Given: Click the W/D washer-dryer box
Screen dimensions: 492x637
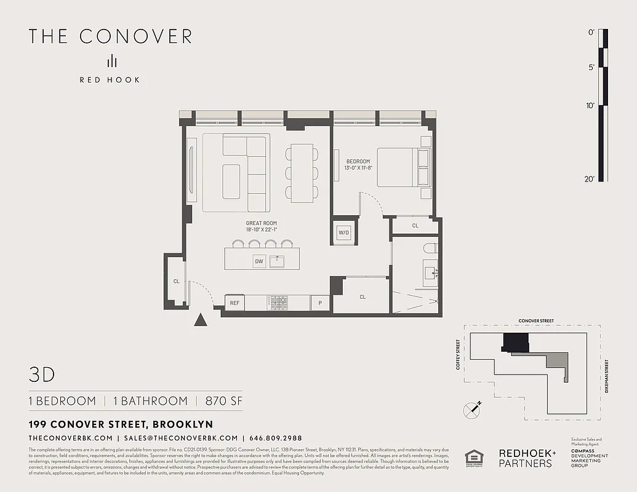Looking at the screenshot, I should point(343,232).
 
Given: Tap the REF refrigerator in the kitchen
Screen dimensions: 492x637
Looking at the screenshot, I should point(234,303).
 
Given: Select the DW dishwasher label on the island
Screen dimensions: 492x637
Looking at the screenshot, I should point(259,262).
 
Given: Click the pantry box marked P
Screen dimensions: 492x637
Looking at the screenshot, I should point(320,303).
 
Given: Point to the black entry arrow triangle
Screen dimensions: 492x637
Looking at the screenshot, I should point(200,320).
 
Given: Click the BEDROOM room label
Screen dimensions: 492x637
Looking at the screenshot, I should point(358,162).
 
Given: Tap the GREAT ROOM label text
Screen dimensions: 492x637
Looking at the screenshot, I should point(262,223).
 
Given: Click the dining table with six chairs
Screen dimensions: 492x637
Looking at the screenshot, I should point(302,173).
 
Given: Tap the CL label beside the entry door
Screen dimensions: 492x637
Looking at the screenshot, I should point(176,282).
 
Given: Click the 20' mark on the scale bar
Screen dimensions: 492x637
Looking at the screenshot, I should point(590,179).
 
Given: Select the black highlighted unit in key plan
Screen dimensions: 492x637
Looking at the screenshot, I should point(516,342).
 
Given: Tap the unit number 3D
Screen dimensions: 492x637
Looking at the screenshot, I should point(42,375).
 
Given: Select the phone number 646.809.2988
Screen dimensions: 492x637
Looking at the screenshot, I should point(276,438).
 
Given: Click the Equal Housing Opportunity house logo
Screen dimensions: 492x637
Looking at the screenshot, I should point(474,458).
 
